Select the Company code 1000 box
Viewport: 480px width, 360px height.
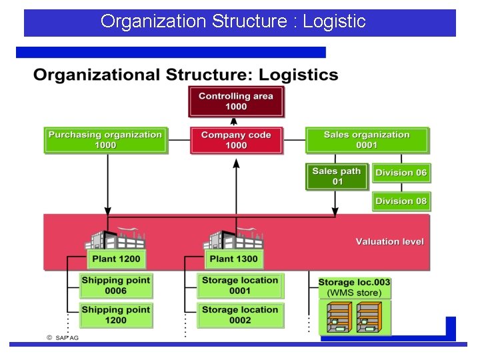236,140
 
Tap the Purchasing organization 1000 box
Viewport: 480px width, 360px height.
105,140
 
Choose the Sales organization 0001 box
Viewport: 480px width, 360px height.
367,140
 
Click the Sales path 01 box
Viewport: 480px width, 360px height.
337,176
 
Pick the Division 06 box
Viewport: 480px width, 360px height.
401,173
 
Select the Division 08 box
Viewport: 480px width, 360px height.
401,201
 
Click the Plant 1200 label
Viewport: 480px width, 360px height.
117,259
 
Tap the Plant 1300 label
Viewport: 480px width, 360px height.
233,259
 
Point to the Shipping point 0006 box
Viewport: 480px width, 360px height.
116,285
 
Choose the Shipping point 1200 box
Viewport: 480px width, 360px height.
116,315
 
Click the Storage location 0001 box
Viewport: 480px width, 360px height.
240,285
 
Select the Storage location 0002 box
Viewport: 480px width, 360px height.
240,315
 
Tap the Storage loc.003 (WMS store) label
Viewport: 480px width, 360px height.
354,287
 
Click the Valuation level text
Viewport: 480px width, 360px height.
389,241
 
